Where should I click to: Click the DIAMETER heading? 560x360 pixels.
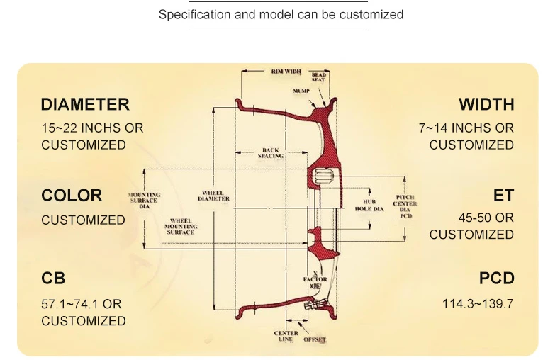[85, 105]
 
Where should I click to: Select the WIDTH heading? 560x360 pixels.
[486, 105]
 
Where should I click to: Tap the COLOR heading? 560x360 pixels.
[72, 196]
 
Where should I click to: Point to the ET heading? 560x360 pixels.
[503, 196]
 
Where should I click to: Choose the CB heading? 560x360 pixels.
[53, 279]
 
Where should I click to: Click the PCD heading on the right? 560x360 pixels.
[496, 279]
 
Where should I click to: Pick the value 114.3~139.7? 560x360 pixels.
[478, 304]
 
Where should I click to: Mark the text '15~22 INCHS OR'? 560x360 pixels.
[92, 128]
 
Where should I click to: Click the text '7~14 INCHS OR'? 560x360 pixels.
[466, 128]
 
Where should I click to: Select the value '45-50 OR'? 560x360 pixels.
[486, 218]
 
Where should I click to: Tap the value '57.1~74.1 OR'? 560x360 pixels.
[82, 304]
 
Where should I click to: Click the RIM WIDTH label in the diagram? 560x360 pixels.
[286, 72]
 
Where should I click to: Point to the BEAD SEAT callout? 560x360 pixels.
[318, 77]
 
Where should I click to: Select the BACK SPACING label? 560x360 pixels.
[271, 152]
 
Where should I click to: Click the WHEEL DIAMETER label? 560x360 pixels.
[213, 196]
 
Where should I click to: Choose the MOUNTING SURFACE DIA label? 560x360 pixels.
[144, 201]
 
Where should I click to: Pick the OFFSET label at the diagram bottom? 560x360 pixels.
[315, 339]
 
